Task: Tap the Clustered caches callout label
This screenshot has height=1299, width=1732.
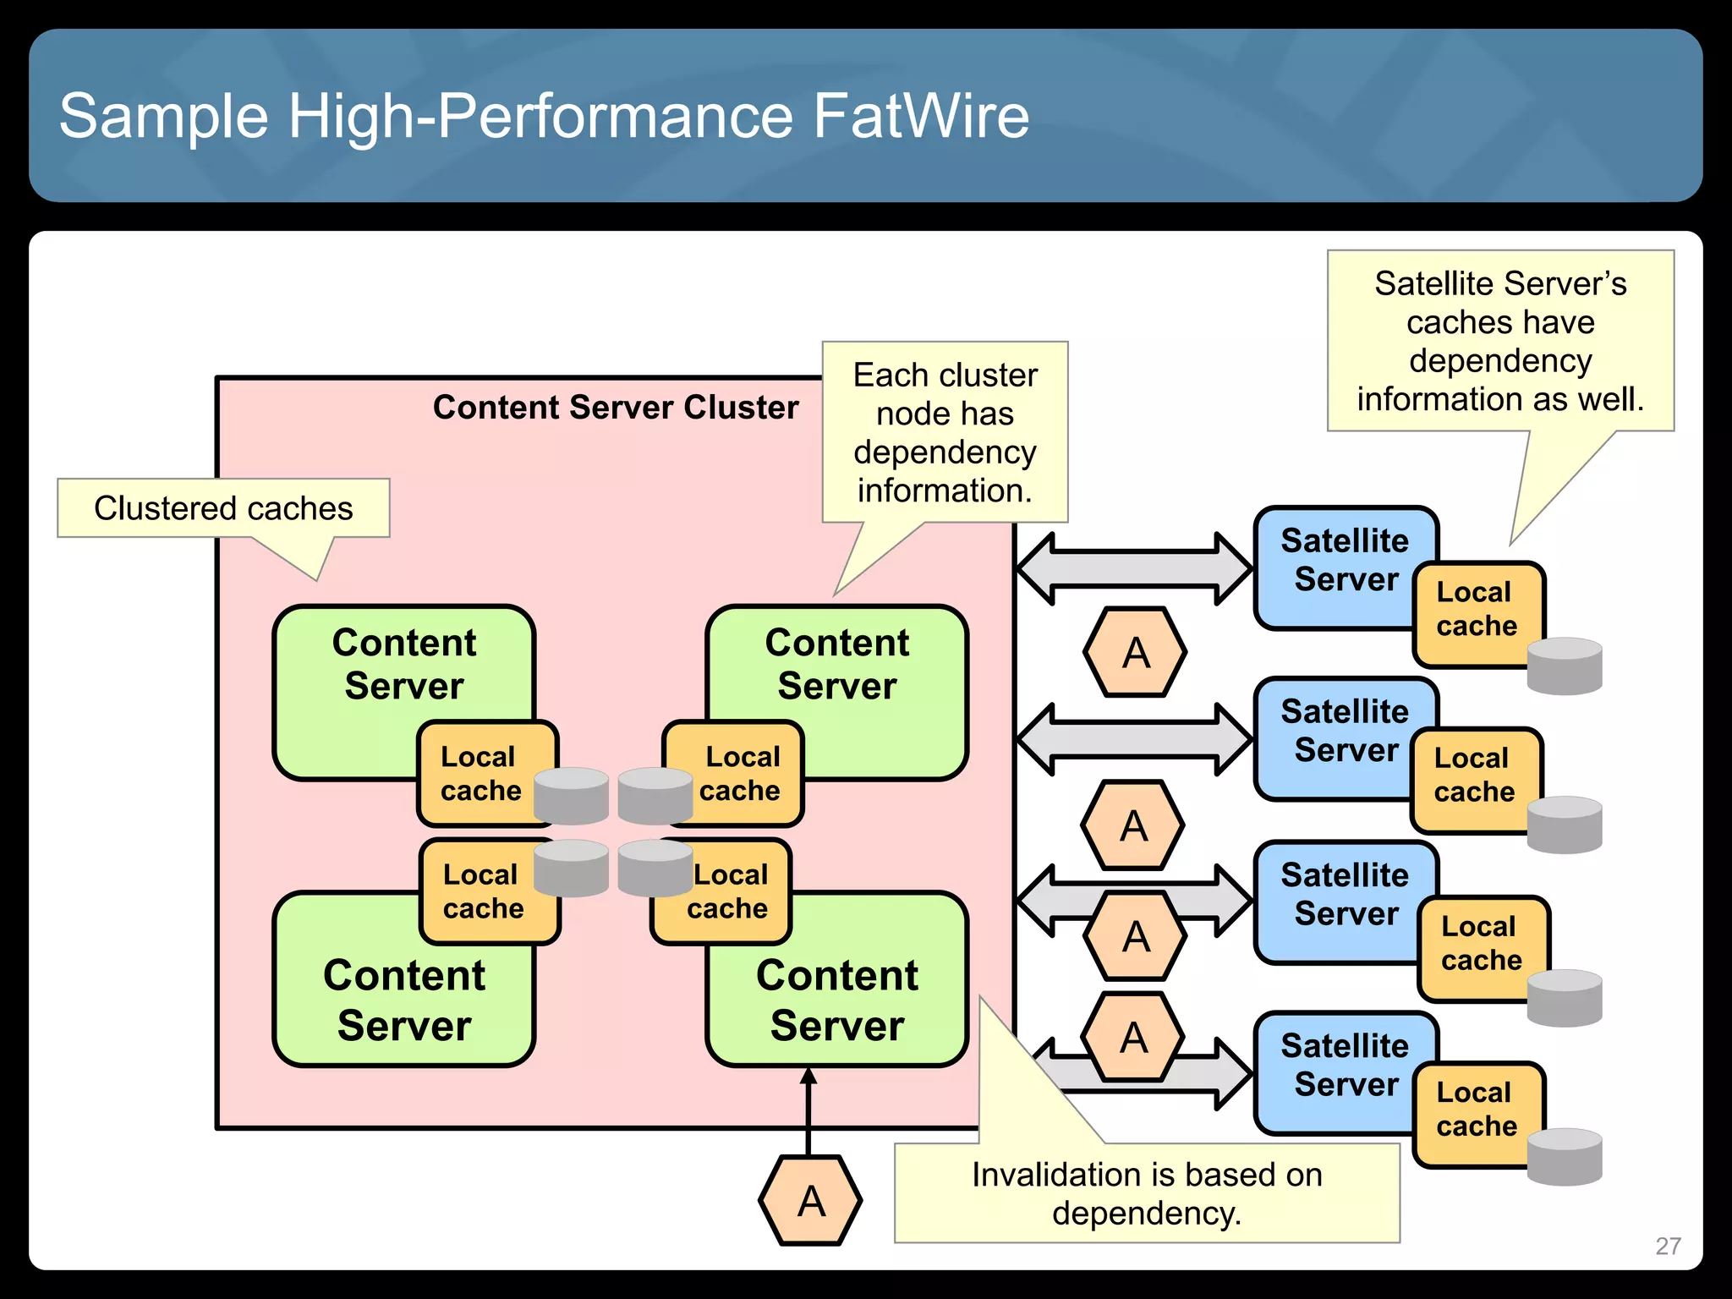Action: click(223, 508)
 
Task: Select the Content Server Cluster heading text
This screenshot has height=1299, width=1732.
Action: click(615, 408)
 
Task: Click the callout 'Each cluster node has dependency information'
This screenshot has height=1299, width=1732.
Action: click(945, 432)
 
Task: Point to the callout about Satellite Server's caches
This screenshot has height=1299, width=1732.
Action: click(1499, 341)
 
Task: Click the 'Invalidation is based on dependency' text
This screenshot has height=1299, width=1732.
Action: click(1146, 1193)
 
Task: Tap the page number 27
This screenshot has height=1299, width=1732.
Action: click(1667, 1246)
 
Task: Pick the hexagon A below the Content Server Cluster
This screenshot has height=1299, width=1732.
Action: click(810, 1201)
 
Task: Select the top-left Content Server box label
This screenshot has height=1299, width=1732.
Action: click(403, 664)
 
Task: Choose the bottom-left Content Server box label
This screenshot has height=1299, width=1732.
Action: click(403, 1000)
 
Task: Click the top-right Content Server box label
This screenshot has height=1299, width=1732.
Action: click(836, 664)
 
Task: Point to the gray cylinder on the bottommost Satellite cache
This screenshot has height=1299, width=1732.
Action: click(1564, 1156)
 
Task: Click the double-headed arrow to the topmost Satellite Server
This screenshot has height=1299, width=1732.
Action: click(1133, 569)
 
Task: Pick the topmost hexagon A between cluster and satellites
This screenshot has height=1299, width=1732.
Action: click(1135, 652)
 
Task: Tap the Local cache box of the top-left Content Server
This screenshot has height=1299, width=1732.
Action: click(480, 773)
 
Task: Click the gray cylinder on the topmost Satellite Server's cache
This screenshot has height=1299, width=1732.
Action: click(1564, 666)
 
